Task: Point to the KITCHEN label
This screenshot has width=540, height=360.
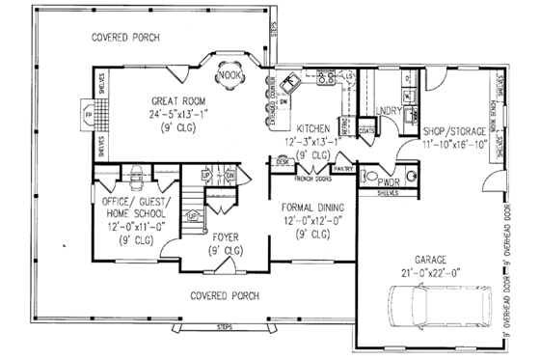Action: (x=314, y=128)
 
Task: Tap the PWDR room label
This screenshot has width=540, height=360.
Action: (x=390, y=180)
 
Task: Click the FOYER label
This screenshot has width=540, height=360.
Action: (x=226, y=236)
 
